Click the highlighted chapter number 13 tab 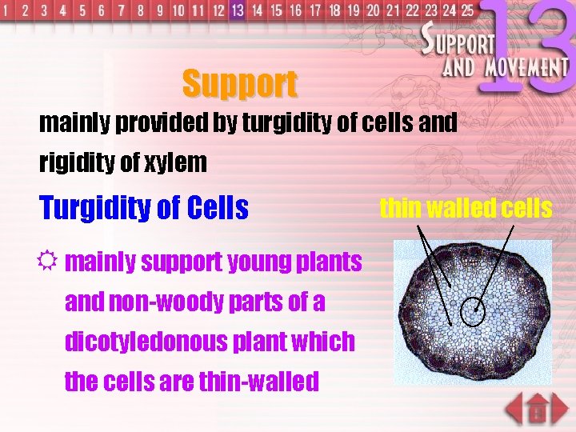pos(237,10)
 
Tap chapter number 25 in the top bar pos(466,11)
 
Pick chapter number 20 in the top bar pos(373,11)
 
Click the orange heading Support pos(239,82)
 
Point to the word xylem pos(176,163)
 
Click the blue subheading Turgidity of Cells pos(144,209)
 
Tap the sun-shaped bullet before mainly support pos(49,261)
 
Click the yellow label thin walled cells pos(466,209)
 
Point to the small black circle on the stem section pos(474,312)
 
